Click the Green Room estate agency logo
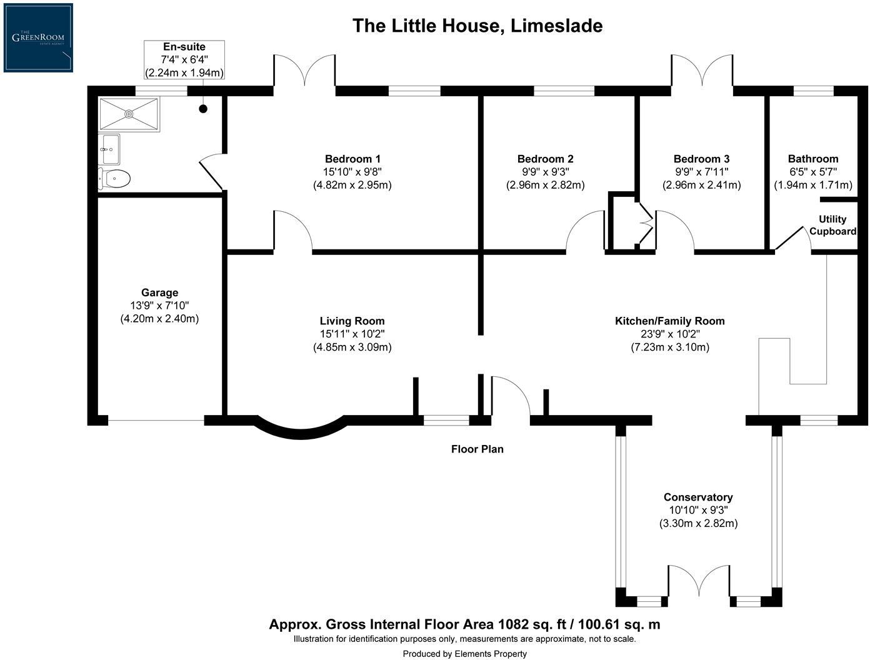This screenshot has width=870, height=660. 38,37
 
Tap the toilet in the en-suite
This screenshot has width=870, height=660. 115,179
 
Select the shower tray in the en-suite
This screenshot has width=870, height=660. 129,114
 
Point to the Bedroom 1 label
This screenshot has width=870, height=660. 352,159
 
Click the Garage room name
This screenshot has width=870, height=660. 159,292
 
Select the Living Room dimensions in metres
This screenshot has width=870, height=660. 352,347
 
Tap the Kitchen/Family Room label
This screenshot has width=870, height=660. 670,321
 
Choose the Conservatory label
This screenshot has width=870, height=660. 698,497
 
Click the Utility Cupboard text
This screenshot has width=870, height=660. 832,225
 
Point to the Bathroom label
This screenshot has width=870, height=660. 813,159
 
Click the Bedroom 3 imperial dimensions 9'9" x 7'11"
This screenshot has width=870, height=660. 701,172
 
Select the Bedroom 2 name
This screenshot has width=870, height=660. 545,159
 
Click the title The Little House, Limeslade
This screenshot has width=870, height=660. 477,26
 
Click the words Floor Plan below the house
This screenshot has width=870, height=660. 477,449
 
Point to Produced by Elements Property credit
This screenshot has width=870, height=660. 464,654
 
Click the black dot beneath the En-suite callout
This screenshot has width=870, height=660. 203,109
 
